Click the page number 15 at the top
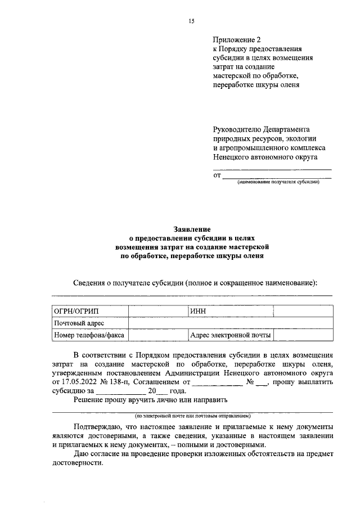point(191,21)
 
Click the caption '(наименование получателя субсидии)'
point(278,182)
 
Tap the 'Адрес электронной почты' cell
point(231,335)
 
